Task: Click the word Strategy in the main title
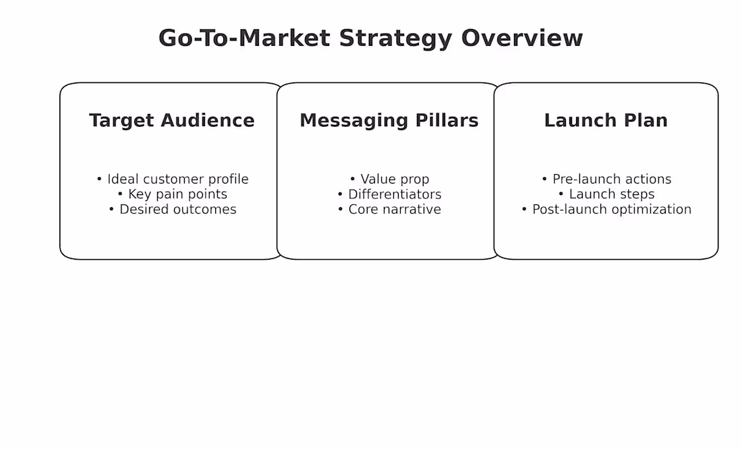pyautogui.click(x=395, y=38)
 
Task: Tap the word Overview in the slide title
pyautogui.click(x=521, y=38)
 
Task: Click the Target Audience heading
pyautogui.click(x=172, y=121)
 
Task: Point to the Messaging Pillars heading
pyautogui.click(x=389, y=121)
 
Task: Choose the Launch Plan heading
pyautogui.click(x=606, y=121)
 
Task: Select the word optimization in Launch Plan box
pyautogui.click(x=647, y=209)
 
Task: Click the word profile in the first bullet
pyautogui.click(x=227, y=179)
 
